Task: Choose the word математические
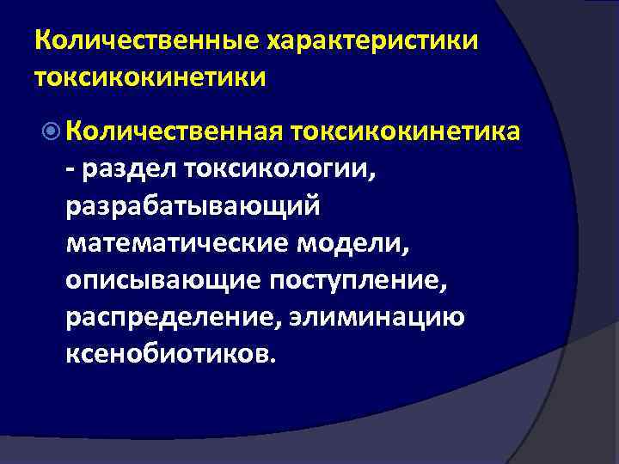pyautogui.click(x=178, y=242)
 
